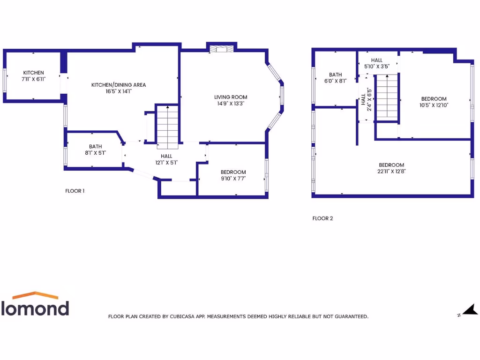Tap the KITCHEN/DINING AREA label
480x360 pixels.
coord(119,85)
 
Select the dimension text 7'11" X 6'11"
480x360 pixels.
coord(34,79)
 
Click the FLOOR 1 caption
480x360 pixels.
coord(75,191)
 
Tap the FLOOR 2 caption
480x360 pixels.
coord(322,218)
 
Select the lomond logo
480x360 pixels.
coord(35,304)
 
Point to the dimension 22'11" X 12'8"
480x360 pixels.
coord(391,172)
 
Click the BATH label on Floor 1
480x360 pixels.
coord(96,146)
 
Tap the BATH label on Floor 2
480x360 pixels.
coord(335,75)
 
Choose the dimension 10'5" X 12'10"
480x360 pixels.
coord(434,105)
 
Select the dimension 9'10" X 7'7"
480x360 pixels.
coord(233,178)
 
